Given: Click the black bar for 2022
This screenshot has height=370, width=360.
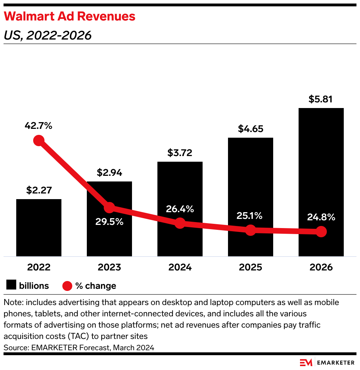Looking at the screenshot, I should pos(39,228).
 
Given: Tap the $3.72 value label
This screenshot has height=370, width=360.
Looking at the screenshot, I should pos(180,153).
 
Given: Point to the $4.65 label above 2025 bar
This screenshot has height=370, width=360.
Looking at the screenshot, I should pos(251,129).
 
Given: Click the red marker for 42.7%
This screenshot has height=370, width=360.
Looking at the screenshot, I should pos(39,141).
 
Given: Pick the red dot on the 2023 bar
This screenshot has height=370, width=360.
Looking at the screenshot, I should pos(109,208).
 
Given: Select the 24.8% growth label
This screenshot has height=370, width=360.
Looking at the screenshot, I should pos(321,217).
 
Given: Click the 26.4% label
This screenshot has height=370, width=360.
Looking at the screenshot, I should pos(180,209).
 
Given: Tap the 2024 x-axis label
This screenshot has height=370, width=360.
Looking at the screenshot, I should pos(180,267).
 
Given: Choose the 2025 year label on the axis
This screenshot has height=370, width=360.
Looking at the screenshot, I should pos(251,267).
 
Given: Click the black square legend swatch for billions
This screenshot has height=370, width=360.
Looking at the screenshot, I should pos(11,285).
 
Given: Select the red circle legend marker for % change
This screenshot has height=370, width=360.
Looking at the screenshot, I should pos(67,286).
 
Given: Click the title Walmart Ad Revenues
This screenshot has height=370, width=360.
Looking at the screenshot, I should pos(70,16).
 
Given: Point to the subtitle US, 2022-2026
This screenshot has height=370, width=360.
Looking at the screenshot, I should pos(48,35).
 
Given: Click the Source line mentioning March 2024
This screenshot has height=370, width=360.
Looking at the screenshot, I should pos(79,347).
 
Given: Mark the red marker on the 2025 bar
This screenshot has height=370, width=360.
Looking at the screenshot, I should pos(251,230).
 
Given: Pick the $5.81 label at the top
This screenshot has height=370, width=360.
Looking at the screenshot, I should pos(321,99).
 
